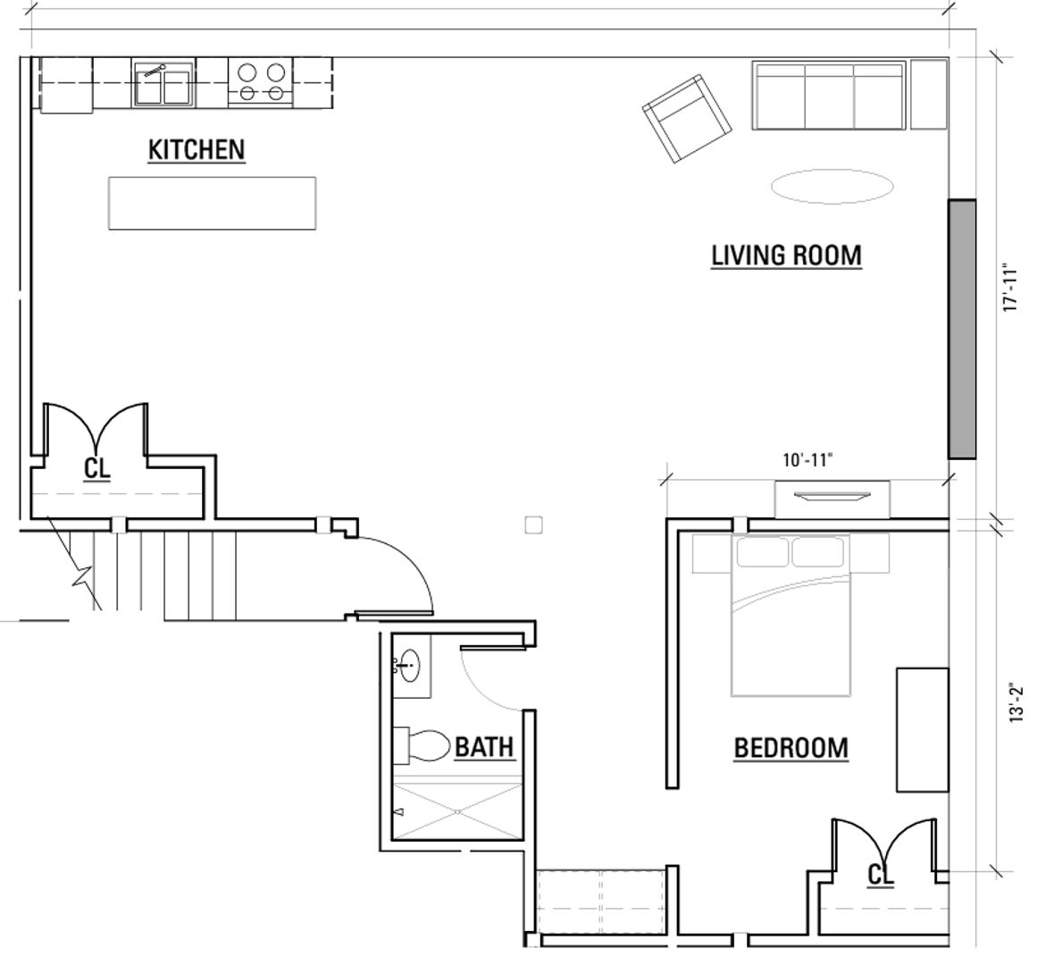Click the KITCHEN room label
[197, 149]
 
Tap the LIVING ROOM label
[786, 256]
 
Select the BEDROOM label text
[791, 748]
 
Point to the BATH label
[484, 747]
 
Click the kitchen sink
[163, 83]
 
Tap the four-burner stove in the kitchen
[261, 83]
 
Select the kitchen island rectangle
[212, 203]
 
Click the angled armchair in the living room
[686, 118]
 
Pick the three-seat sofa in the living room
[829, 95]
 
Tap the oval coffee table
[832, 186]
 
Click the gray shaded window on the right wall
[962, 329]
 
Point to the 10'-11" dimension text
[808, 460]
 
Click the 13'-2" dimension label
[1016, 702]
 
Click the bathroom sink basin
[409, 666]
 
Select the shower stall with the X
[457, 811]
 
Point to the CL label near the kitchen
[96, 468]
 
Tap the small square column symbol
[533, 525]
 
